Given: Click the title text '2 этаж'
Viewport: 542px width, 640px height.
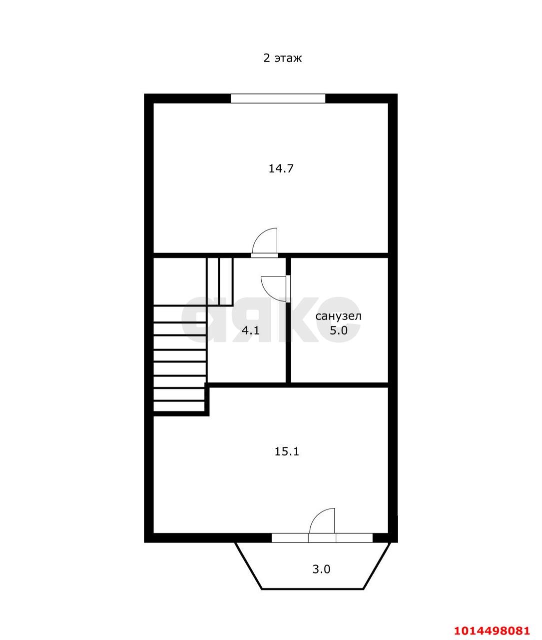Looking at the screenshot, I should point(282,58).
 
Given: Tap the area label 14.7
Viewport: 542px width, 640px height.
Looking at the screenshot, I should point(281,168).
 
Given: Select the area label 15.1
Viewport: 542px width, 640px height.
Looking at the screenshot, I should point(287,451).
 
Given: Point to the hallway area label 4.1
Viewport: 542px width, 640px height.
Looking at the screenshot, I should point(250,330).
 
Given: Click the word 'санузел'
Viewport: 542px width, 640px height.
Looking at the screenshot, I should point(338,316).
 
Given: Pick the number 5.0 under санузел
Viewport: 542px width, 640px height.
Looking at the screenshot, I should point(338,330).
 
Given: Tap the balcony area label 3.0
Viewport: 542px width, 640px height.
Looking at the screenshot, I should point(321,569).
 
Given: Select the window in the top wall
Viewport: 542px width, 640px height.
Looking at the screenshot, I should point(278,98).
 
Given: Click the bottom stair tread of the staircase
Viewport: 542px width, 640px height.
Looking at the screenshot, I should point(179,406).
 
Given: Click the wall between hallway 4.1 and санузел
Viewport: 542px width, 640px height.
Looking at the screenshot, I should point(288,345).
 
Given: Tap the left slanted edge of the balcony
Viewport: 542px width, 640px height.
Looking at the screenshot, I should point(249,565).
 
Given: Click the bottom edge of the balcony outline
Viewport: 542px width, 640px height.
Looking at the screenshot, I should point(313,589).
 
